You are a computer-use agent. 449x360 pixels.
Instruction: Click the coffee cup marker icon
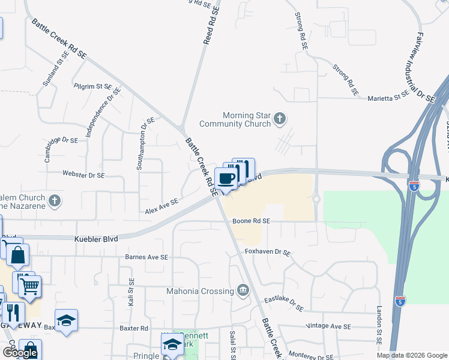click(x=226, y=179)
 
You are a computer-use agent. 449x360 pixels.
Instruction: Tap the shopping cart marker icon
click(x=30, y=286)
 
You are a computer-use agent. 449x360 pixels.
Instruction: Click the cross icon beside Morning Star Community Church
click(x=279, y=119)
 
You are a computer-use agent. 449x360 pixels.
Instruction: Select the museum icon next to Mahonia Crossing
click(x=243, y=291)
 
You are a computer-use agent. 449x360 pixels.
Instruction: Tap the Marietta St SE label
click(x=389, y=95)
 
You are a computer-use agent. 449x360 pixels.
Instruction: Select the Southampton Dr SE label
click(x=145, y=143)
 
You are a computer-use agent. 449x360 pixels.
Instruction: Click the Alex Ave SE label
click(x=161, y=206)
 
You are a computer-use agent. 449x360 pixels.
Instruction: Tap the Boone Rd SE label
click(x=252, y=221)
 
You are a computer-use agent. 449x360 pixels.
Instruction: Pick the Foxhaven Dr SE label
click(x=267, y=253)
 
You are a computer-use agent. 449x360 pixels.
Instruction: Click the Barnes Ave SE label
click(x=146, y=257)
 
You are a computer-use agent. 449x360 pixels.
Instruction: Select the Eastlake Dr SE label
click(x=285, y=303)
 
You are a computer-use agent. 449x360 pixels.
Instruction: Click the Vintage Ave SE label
click(x=328, y=326)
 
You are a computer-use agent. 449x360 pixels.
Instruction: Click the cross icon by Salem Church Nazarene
click(x=55, y=200)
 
